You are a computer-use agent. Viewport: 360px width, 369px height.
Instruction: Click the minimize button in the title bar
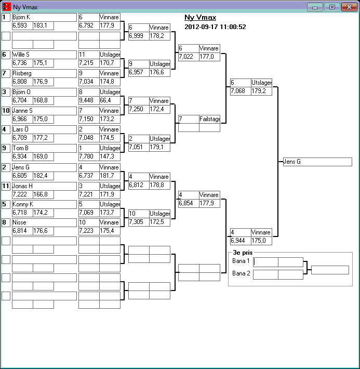point(315,7)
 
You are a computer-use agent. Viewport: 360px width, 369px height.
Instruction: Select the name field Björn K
point(44,17)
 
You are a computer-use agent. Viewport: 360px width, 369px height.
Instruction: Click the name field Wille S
point(44,55)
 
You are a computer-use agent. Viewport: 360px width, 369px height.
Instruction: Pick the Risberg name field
point(44,73)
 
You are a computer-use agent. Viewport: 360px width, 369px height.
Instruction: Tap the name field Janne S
point(44,111)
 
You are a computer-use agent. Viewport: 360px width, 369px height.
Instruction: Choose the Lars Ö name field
point(44,129)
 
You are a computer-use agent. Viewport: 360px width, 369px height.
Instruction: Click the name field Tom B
point(44,148)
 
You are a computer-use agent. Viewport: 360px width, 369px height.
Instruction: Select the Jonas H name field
point(44,186)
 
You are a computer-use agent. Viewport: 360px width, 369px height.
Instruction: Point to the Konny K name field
point(44,204)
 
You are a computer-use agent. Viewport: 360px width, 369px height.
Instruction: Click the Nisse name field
point(44,223)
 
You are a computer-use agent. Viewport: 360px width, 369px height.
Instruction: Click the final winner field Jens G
point(317,162)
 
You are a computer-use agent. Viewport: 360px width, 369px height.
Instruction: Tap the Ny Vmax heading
point(200,18)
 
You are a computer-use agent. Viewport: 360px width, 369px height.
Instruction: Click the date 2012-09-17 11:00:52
point(215,27)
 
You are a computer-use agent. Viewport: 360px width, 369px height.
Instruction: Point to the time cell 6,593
point(22,25)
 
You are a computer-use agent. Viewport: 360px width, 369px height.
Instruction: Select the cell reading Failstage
point(209,119)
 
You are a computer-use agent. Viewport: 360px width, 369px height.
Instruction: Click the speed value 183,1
point(43,25)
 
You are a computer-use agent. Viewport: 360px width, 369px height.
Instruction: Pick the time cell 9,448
point(89,100)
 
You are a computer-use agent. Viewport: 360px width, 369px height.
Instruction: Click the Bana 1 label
point(241,261)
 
